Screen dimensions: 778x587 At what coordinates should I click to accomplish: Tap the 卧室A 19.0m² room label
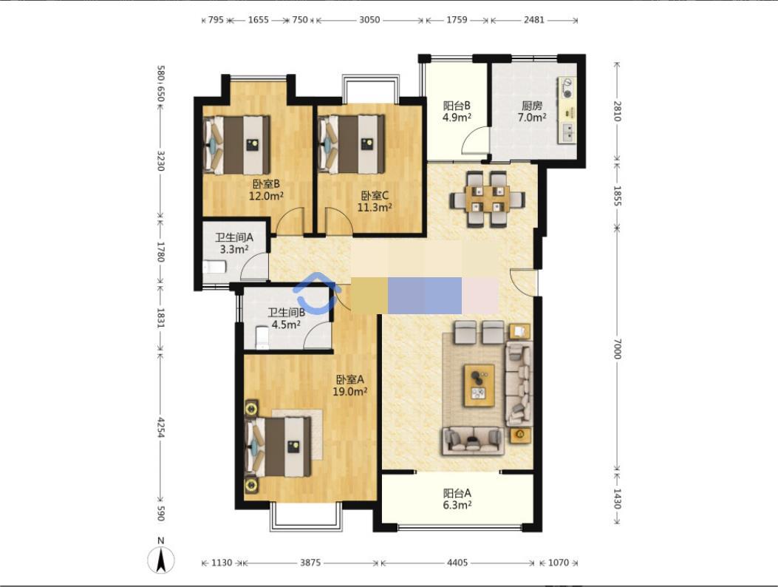pos(349,385)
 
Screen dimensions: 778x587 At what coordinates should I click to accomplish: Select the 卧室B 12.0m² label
pos(266,190)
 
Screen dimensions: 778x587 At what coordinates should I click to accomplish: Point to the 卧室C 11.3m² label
pos(375,202)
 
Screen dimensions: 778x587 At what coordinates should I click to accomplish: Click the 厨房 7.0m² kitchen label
pos(532,112)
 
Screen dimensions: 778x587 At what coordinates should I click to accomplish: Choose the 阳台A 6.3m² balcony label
pos(457,499)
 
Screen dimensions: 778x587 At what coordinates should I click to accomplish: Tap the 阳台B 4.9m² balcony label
pos(457,111)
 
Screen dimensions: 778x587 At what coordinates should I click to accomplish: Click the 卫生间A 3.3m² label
pos(234,243)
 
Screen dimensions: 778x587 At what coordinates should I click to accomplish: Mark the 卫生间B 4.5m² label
pos(286,319)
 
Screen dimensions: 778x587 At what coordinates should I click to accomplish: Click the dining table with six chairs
pos(487,199)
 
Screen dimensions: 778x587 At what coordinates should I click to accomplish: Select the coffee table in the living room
pos(480,385)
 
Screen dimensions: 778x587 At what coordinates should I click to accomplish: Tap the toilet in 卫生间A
pos(214,267)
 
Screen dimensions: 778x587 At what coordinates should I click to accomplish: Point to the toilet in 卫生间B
pos(262,338)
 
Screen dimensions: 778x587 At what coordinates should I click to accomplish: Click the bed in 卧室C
pos(352,144)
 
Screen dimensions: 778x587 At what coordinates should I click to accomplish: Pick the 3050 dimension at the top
pos(369,20)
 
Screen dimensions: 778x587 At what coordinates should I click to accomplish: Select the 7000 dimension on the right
pos(617,349)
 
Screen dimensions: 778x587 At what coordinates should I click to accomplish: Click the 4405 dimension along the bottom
pos(457,563)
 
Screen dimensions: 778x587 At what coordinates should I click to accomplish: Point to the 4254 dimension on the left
pos(160,427)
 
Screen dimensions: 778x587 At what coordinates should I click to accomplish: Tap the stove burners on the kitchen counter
pos(567,88)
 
